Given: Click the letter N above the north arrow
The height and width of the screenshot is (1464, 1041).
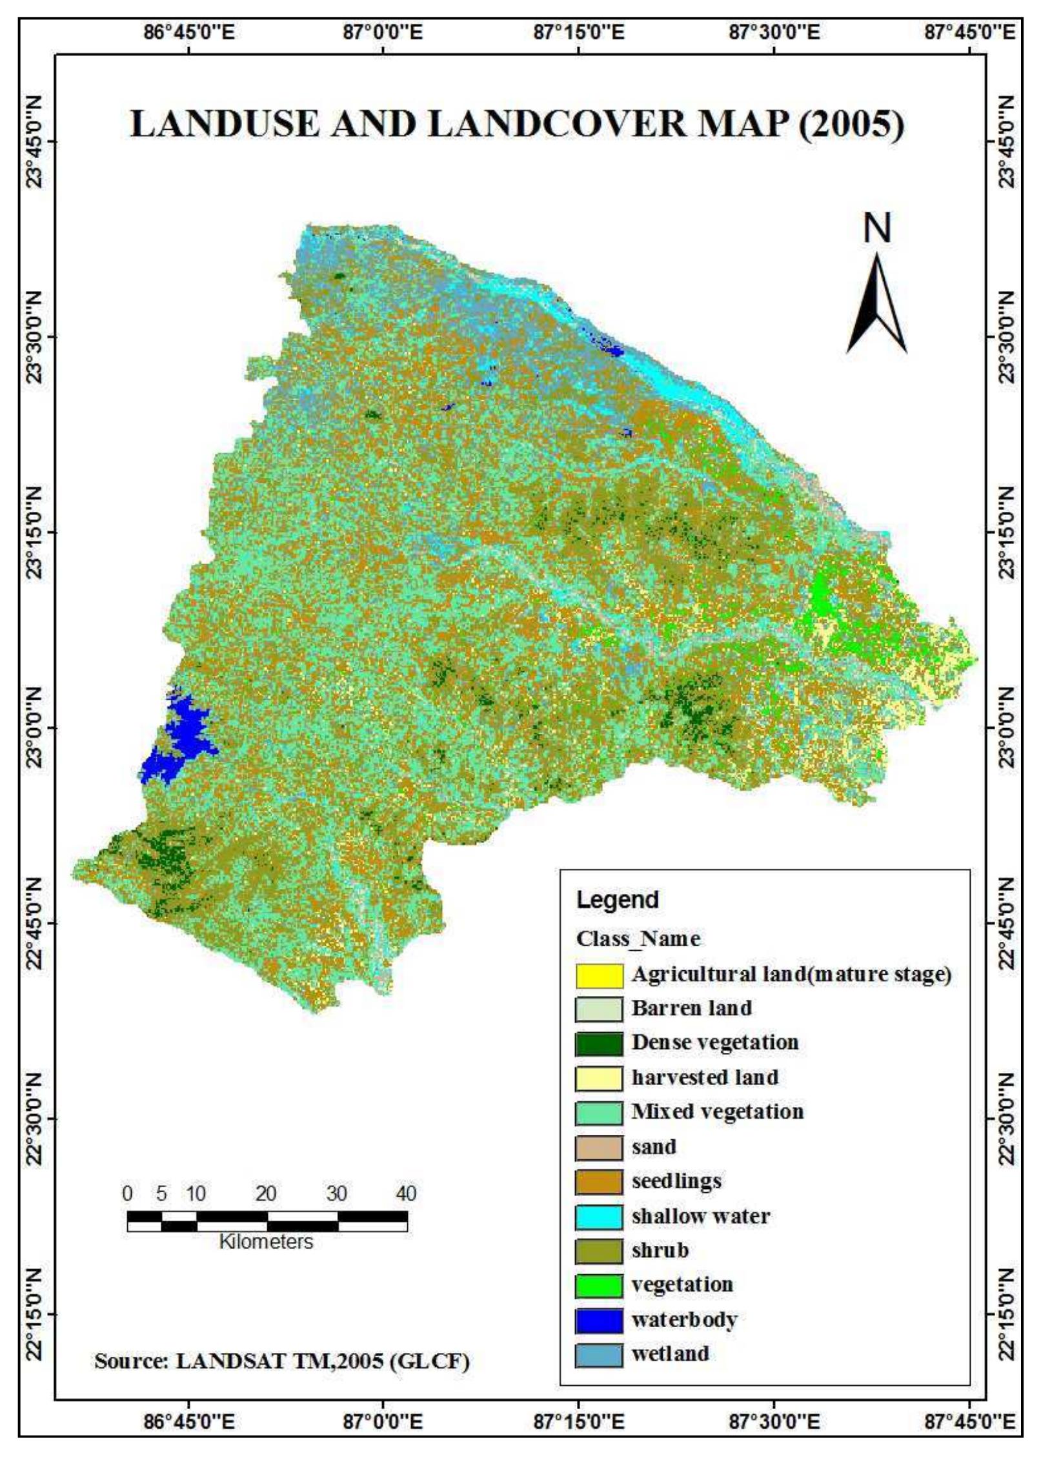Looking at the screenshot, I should [876, 228].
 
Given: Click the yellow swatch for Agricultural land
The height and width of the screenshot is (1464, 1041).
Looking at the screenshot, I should [599, 975].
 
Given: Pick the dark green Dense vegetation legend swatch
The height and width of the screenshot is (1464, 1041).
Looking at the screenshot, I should [599, 1044].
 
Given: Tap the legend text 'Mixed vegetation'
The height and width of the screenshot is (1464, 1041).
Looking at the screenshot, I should [717, 1112].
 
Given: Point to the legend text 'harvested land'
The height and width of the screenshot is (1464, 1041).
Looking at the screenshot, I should [705, 1077].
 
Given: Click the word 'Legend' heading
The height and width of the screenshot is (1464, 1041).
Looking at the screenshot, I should [617, 900].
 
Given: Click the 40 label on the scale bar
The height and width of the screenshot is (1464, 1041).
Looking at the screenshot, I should [406, 1194].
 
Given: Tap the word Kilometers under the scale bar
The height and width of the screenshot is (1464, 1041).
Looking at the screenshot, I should [266, 1241].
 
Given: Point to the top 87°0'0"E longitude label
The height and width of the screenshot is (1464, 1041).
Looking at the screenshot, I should [383, 31].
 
